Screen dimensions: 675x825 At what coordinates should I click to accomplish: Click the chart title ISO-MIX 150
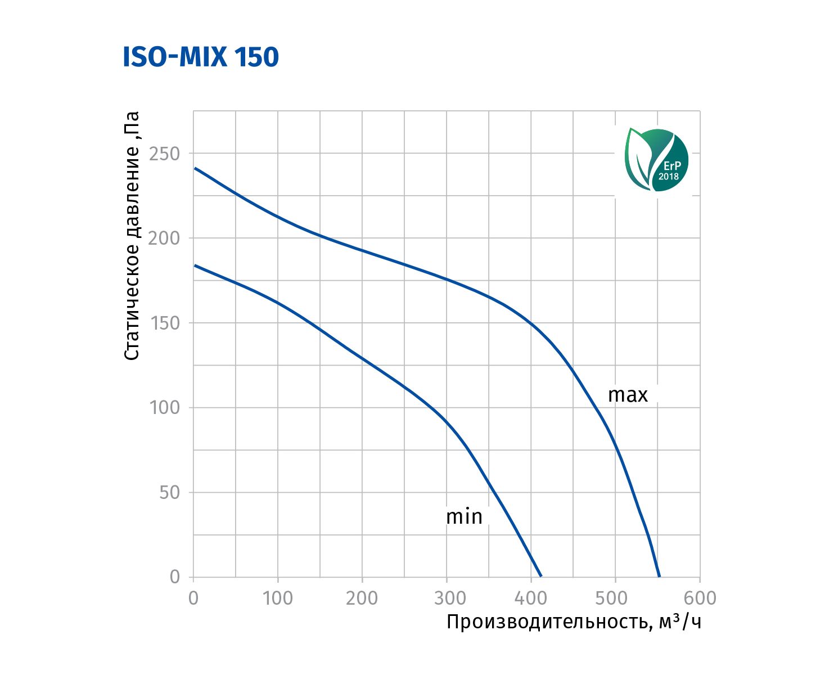(201, 57)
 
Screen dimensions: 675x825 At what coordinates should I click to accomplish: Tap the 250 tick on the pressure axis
(164, 154)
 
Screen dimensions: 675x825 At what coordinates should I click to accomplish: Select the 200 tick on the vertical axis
(164, 238)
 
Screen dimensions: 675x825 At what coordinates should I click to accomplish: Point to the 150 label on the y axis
(165, 323)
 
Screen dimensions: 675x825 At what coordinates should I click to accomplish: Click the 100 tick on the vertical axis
(165, 407)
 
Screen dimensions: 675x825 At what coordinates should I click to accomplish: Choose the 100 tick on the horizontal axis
(278, 598)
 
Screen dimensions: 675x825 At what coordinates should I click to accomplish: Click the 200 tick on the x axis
(362, 598)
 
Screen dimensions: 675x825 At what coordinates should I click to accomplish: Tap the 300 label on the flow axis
(447, 598)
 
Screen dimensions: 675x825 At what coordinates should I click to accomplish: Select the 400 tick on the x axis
(531, 598)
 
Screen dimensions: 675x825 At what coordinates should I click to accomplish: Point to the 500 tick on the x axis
(615, 598)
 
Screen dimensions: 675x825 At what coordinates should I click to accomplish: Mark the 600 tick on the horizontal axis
(700, 598)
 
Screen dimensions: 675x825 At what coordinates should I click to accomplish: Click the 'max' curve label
(628, 395)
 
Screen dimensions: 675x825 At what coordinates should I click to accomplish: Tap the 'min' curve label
(464, 516)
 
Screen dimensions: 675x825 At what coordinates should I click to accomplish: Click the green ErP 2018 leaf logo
(656, 160)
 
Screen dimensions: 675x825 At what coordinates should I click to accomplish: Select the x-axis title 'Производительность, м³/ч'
(574, 622)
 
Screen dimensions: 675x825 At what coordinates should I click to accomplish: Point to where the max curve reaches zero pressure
(659, 577)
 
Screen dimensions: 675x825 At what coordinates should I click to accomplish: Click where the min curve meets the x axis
(541, 577)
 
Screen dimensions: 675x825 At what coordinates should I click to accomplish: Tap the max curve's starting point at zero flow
(195, 168)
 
